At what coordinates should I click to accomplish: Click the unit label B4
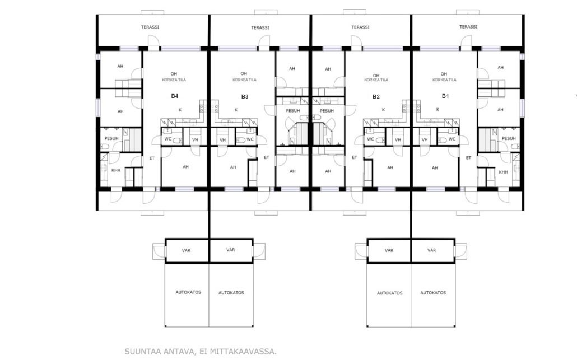[x=174, y=96]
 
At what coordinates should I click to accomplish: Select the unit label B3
[x=245, y=96]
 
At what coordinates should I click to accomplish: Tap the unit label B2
[x=376, y=96]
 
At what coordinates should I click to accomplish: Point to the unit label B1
[x=445, y=96]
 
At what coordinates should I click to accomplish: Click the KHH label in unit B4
[x=116, y=170]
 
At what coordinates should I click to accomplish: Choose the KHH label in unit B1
[x=503, y=172]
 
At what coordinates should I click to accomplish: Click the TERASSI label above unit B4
[x=150, y=27]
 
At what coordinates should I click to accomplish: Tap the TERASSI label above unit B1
[x=468, y=27]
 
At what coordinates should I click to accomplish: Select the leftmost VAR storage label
[x=186, y=250]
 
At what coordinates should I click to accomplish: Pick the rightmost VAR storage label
[x=432, y=250]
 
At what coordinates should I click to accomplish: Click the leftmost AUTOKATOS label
[x=188, y=292]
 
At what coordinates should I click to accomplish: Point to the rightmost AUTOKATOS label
[x=433, y=293]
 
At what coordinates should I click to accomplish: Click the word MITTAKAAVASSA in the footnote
[x=243, y=352]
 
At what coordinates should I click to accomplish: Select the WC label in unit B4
[x=168, y=139]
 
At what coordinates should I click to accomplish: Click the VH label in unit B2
[x=398, y=140]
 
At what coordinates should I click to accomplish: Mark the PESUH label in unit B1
[x=509, y=138]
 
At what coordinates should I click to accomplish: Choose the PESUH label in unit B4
[x=111, y=138]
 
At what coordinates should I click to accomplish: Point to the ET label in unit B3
[x=267, y=157]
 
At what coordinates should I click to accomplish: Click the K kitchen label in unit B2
[x=383, y=110]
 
